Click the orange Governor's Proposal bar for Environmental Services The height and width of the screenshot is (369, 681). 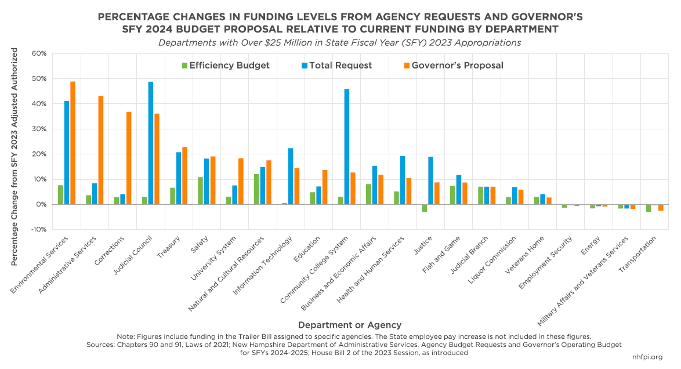click(x=73, y=143)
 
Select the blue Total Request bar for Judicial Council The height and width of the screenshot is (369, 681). click(x=151, y=143)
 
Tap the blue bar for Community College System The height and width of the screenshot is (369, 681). click(x=347, y=146)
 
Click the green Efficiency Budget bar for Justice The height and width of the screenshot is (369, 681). click(x=425, y=208)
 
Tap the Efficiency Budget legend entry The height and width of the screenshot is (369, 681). click(x=226, y=66)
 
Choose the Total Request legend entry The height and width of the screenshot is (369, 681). click(x=337, y=66)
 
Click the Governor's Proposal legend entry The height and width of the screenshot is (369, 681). click(x=452, y=66)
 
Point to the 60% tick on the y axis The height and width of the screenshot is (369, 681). click(x=39, y=53)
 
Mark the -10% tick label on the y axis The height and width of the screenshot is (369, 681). click(x=38, y=230)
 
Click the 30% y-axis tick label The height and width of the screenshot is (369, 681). click(x=39, y=129)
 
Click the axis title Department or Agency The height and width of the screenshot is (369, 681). click(x=349, y=325)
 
